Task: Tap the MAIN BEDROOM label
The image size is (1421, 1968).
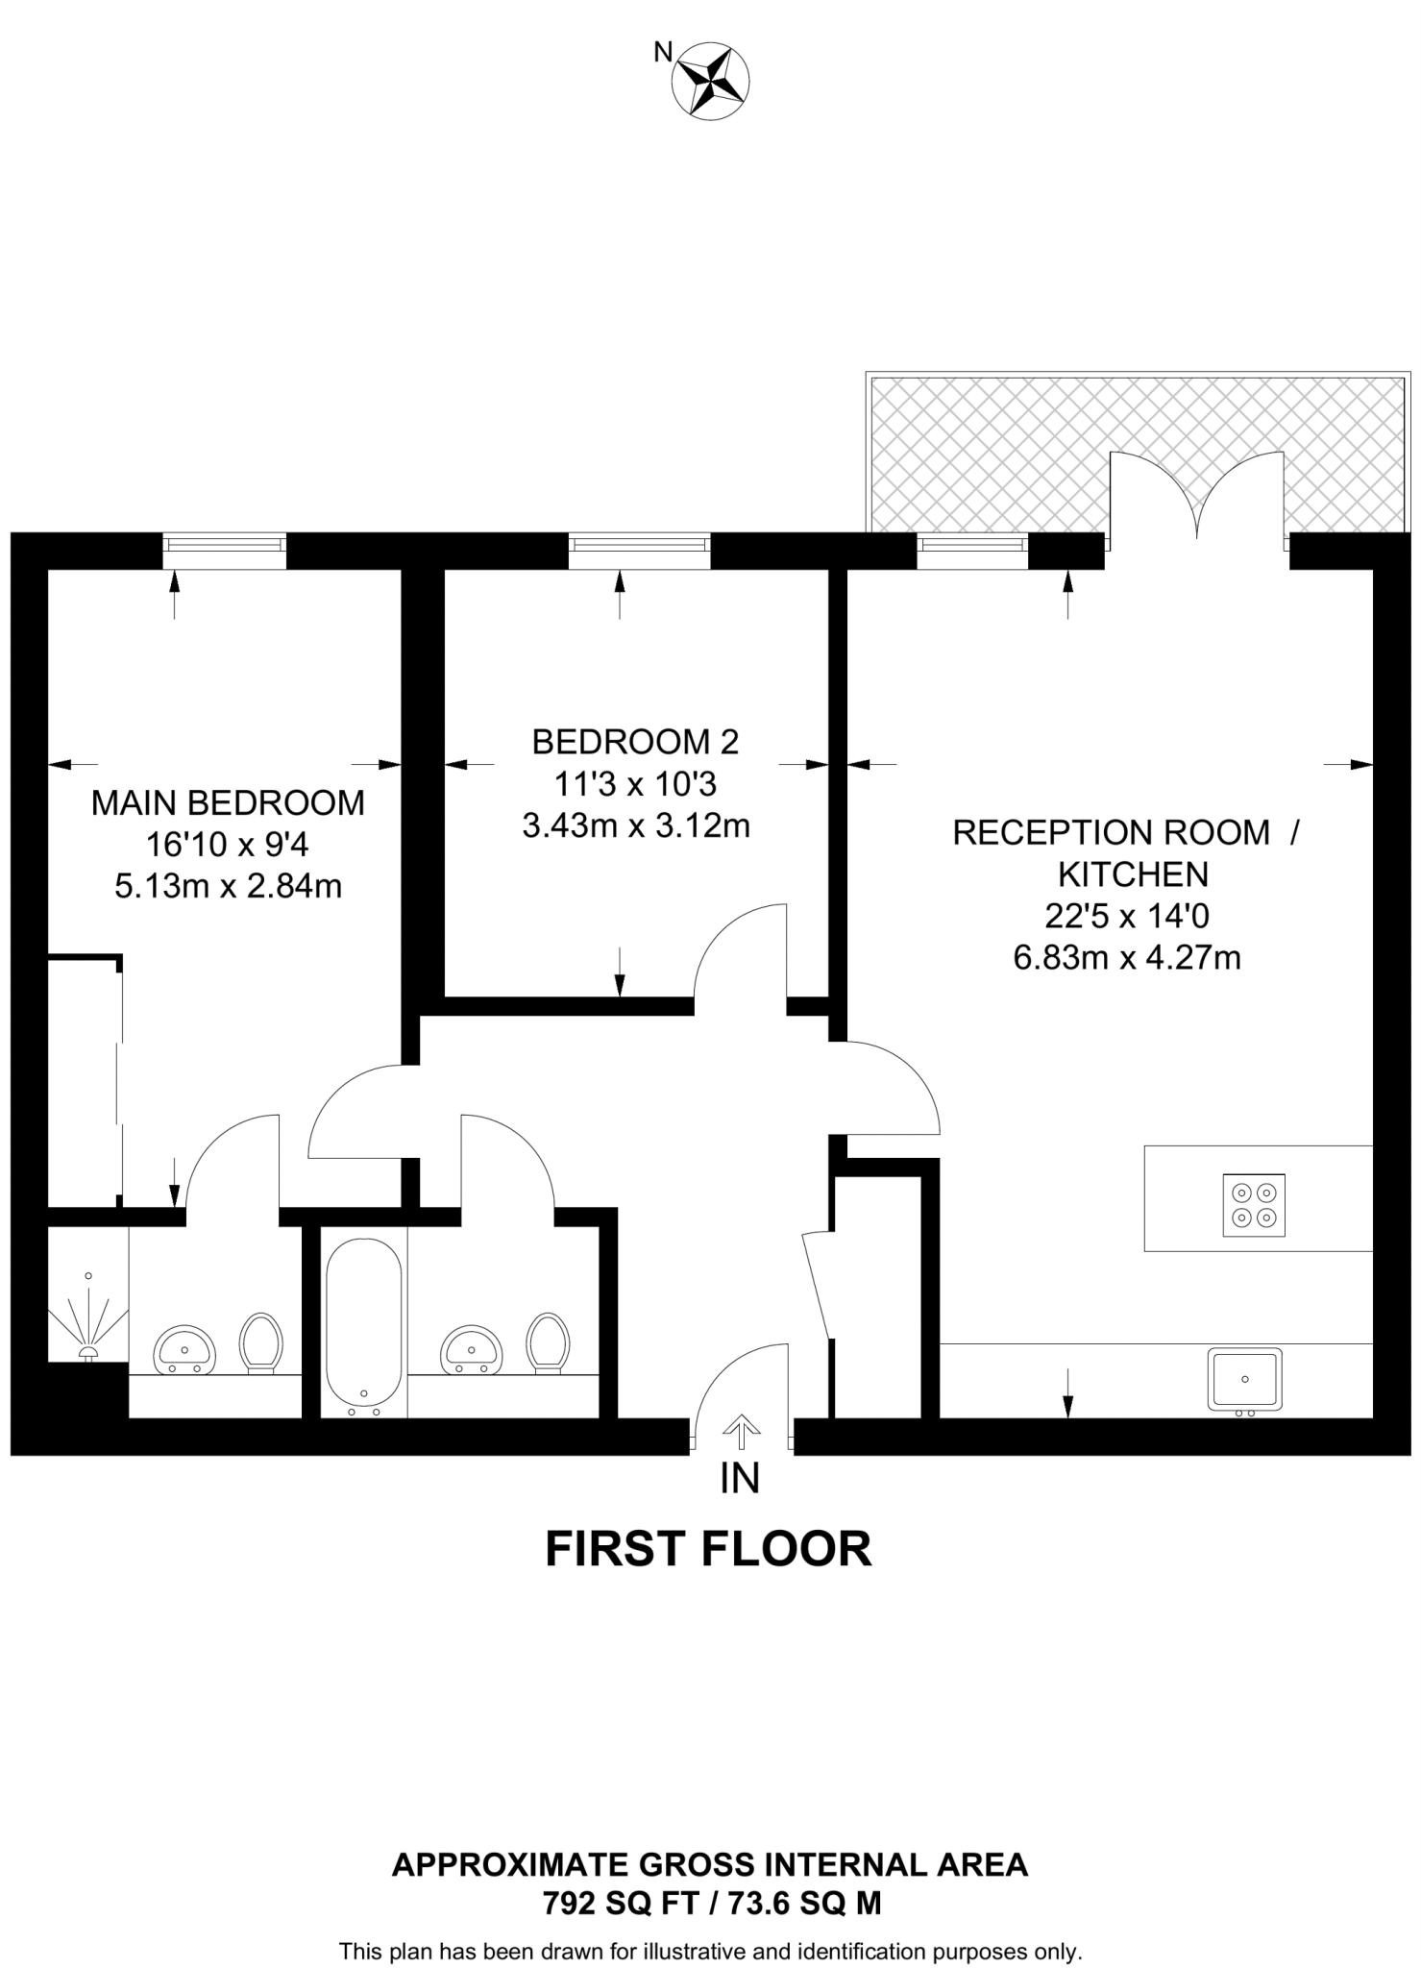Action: point(228,802)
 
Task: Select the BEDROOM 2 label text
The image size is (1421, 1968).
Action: point(635,742)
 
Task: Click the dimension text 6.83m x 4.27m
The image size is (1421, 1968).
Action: point(1127,958)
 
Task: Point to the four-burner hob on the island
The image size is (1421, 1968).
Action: point(1254,1205)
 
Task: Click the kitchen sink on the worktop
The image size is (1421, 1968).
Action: point(1245,1379)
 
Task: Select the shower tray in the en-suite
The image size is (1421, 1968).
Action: point(87,1317)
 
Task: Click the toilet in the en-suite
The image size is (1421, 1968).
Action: point(260,1341)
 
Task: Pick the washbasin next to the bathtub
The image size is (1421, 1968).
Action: point(472,1350)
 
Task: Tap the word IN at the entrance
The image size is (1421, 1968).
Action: point(740,1479)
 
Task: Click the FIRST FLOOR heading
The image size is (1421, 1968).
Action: point(708,1550)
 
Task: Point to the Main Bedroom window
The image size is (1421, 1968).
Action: point(224,551)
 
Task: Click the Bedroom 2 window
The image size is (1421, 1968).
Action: point(639,551)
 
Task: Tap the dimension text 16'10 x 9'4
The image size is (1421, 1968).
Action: point(228,845)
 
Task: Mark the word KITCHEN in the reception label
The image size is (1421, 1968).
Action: point(1133,874)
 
